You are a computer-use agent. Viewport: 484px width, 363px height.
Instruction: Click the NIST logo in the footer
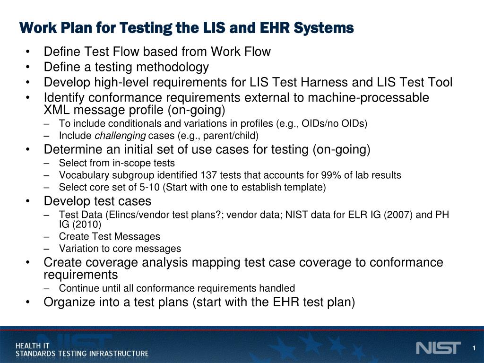click(438, 348)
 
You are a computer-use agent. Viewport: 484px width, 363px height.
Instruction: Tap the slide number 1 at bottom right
click(473, 349)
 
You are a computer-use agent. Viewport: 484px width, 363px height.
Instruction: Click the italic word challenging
click(121, 136)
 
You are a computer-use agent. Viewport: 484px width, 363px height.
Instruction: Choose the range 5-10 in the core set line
click(149, 188)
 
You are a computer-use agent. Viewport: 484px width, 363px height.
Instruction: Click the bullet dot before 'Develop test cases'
click(30, 201)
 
